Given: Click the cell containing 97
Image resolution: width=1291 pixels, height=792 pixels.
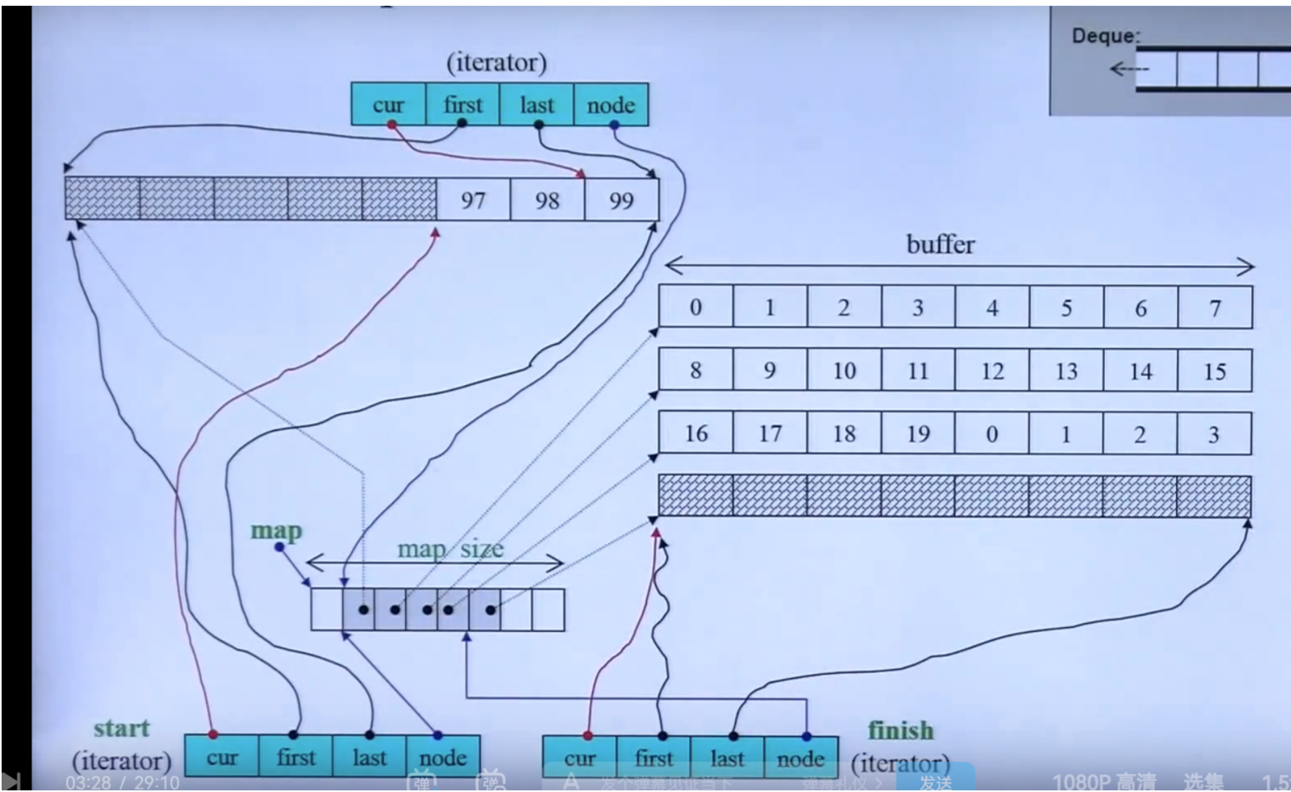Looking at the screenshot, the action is [473, 199].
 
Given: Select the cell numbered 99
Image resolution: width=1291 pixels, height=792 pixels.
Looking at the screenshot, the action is [622, 199].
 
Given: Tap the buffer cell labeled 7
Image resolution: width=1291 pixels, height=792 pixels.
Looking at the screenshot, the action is [1215, 308].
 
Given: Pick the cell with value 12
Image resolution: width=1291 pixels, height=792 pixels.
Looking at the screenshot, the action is [992, 371].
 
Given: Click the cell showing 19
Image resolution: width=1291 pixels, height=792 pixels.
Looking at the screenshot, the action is [918, 433].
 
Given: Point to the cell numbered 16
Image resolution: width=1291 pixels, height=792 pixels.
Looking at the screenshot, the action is [696, 433].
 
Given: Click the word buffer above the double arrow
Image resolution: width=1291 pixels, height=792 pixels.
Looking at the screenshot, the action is [940, 245].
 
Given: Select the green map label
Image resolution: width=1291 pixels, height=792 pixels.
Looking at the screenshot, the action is [276, 531].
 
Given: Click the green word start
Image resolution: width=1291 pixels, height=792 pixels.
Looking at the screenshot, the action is [121, 728].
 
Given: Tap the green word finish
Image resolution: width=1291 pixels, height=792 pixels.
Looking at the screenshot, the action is [901, 730].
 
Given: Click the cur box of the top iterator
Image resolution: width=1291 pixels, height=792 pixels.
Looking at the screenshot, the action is [388, 105].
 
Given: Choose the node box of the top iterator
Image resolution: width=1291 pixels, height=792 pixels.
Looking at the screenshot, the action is [611, 105].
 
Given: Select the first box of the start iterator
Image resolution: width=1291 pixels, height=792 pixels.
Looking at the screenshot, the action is [295, 757].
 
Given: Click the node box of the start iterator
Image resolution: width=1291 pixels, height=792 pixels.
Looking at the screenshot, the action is [443, 757].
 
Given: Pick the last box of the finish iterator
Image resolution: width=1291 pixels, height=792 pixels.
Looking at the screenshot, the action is [727, 758].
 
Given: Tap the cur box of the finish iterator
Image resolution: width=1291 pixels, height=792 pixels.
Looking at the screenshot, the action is [579, 758].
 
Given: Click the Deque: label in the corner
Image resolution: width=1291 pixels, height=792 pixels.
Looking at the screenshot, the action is [1106, 36].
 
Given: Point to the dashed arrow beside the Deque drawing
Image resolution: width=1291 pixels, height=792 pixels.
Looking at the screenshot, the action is [1129, 70].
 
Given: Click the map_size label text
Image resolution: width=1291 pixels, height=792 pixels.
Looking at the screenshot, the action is [450, 549].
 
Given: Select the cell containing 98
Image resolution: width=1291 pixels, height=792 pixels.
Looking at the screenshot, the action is [547, 199].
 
